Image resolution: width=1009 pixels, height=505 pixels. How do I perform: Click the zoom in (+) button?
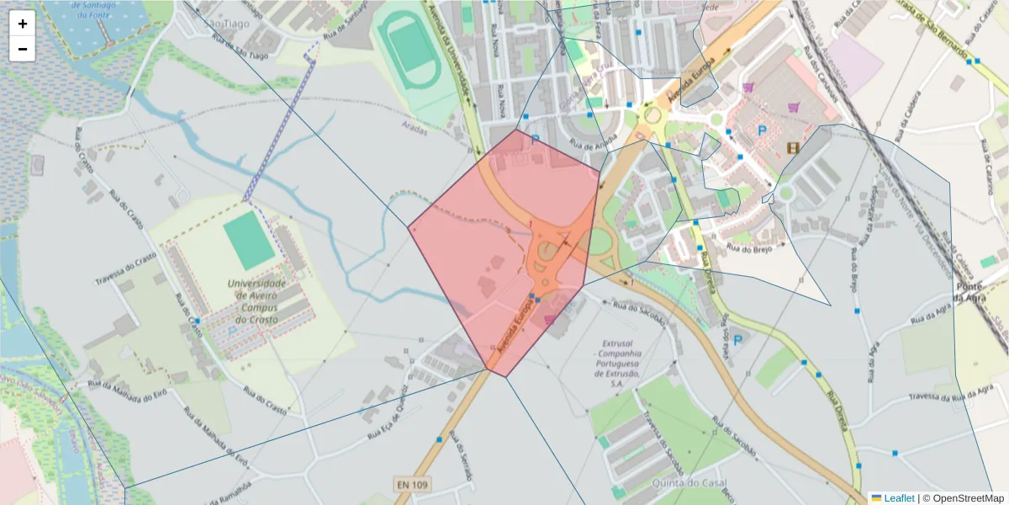pos(23,24)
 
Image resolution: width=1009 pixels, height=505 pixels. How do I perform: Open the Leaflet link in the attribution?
pos(899,498)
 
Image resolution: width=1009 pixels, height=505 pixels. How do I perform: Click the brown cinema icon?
pos(793,148)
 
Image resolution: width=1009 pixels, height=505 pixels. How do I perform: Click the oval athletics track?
pos(409,53)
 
